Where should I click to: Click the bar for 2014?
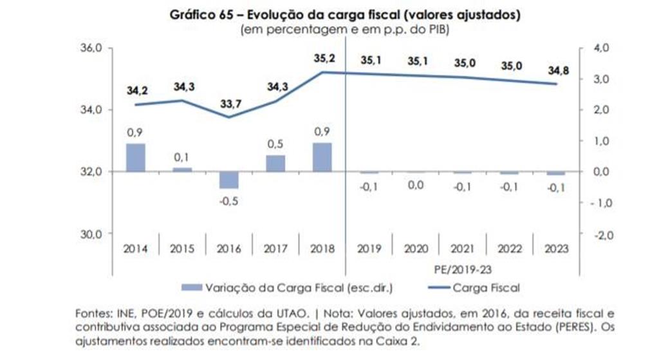point(135,157)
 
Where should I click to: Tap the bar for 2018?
point(322,157)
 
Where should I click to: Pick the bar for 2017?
point(275,164)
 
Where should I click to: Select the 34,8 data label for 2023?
point(557,70)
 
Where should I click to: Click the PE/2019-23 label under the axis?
point(463,267)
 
